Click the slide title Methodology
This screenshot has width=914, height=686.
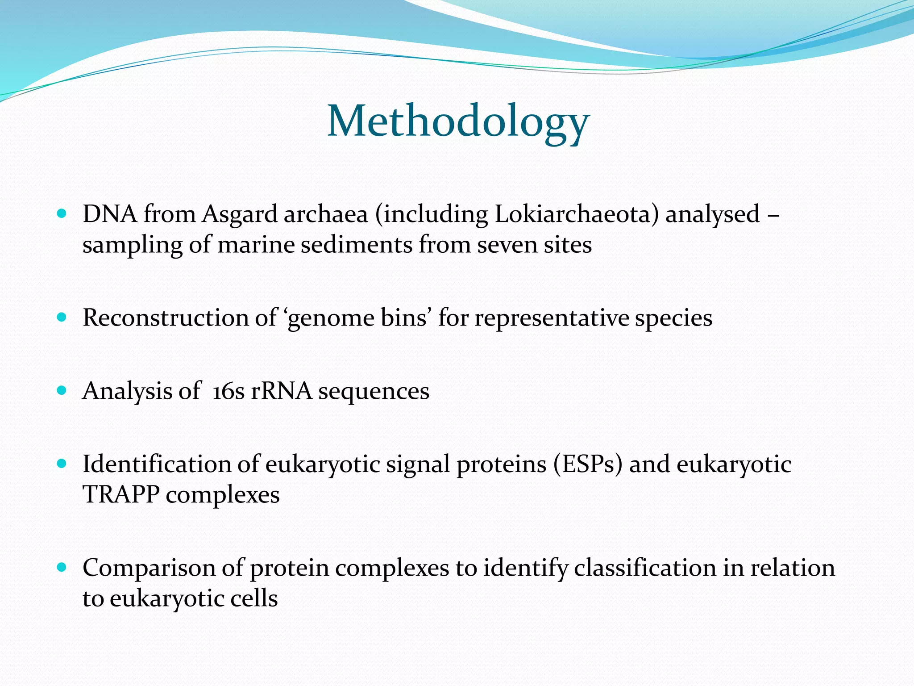[x=458, y=121]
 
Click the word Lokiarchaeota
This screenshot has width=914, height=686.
[x=576, y=214]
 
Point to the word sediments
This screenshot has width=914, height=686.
[x=356, y=245]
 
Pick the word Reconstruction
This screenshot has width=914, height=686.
[x=166, y=318]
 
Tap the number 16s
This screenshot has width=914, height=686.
[x=228, y=391]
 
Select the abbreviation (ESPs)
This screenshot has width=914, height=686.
[x=587, y=464]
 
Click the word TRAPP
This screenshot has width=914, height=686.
[x=121, y=495]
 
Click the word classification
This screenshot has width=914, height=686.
[x=644, y=568]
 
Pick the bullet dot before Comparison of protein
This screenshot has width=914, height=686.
[x=62, y=568]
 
